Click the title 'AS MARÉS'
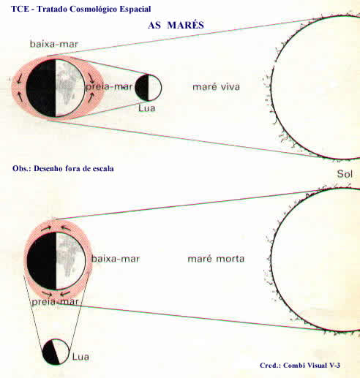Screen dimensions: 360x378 pos(176,25)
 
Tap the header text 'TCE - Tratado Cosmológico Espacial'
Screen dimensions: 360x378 pos(81,9)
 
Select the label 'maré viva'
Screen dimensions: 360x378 pos(216,87)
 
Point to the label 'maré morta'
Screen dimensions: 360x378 pos(216,259)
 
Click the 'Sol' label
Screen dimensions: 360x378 pos(345,174)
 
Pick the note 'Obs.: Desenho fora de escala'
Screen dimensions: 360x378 pos(63,169)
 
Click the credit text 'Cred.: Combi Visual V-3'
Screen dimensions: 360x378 pos(300,365)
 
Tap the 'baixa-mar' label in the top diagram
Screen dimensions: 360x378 pos(54,44)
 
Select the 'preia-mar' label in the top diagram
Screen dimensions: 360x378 pos(109,87)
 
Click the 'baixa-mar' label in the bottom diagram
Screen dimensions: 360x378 pos(116,259)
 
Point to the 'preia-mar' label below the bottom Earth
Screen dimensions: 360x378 pos(55,302)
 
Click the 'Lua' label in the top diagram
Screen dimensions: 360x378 pos(146,108)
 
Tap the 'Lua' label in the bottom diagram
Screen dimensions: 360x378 pos(80,357)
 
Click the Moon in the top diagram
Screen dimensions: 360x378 pos(148,88)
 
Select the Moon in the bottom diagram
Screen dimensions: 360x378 pos(56,352)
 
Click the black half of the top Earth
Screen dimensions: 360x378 pos(41,88)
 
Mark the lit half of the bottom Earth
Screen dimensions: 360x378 pos(71,261)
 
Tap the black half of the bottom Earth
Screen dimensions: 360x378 pos(42,261)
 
